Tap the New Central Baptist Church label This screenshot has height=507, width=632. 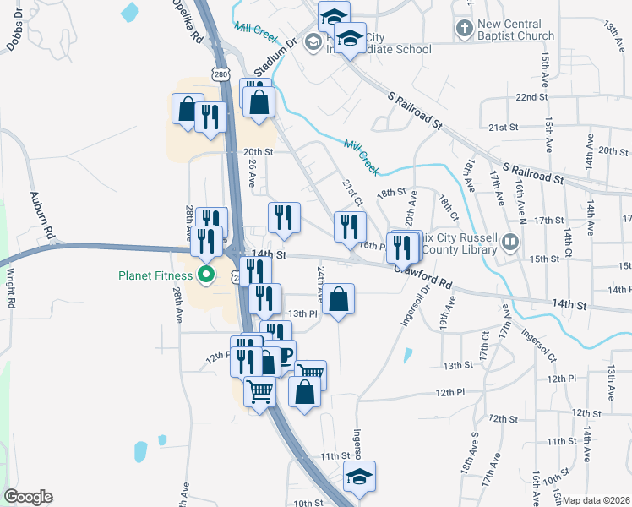point(515,30)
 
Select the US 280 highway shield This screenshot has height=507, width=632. point(221,75)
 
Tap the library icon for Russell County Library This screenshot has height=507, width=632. point(509,243)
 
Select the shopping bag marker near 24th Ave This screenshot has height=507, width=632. point(338,300)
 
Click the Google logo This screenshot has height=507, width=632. point(28,497)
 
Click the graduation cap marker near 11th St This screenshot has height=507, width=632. point(360,477)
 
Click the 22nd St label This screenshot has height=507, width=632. point(531,97)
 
